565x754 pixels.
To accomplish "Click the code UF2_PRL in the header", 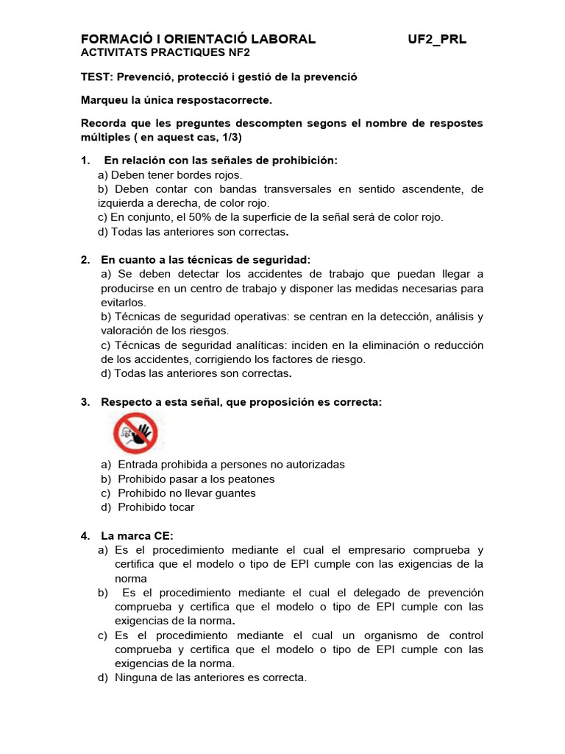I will (x=436, y=39).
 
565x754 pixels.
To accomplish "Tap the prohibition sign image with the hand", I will (x=135, y=432).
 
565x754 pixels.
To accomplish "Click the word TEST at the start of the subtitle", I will (x=95, y=77).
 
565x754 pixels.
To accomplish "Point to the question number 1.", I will (x=85, y=161).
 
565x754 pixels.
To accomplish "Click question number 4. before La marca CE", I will (x=85, y=536).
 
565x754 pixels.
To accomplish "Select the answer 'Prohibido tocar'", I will (x=156, y=507).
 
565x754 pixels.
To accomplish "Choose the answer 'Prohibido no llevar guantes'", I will (x=187, y=493).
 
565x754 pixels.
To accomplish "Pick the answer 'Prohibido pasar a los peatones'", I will (x=196, y=479).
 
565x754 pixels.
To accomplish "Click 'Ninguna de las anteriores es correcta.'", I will (x=210, y=677).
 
